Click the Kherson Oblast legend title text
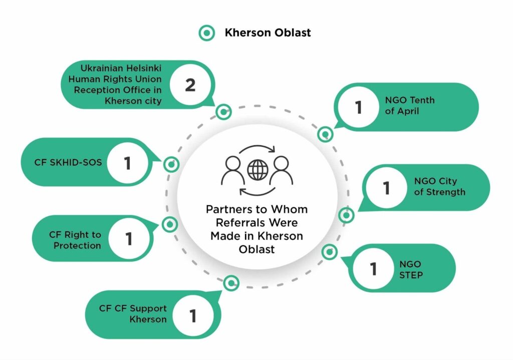point(268,33)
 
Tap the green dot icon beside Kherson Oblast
point(206,34)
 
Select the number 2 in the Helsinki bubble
point(190,85)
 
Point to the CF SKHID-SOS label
point(68,162)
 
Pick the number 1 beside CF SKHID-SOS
point(127,162)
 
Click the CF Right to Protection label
point(75,240)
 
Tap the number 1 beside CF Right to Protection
point(129,239)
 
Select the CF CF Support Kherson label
point(133,313)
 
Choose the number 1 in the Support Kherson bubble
point(192,315)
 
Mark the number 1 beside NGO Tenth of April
point(358,107)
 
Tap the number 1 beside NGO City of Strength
point(386,188)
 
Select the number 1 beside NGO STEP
point(373,269)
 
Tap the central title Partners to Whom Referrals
point(256,228)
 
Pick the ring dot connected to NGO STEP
point(329,252)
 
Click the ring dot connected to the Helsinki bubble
point(223,111)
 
